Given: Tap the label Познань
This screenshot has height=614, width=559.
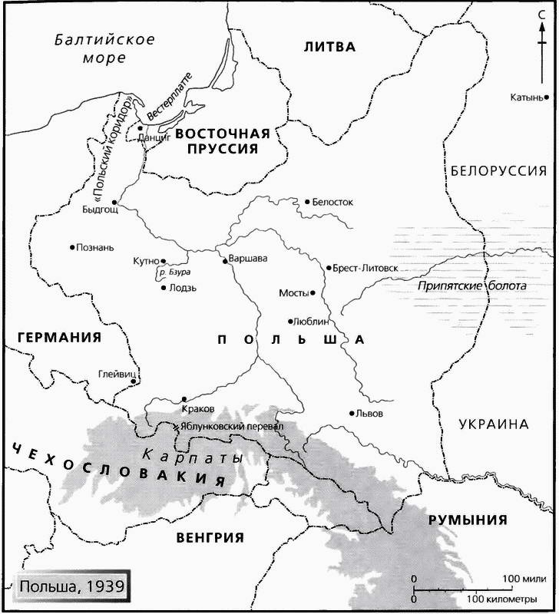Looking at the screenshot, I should click(95, 248).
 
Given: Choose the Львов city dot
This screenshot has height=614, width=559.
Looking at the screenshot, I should click(351, 412).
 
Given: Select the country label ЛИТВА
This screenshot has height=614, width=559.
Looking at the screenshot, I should click(329, 47).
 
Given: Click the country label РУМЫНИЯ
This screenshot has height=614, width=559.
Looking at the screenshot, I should click(468, 520).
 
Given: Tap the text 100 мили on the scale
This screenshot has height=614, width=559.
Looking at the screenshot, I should click(524, 577).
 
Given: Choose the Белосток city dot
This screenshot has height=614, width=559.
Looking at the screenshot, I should click(306, 202).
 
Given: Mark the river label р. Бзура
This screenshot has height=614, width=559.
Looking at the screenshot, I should click(174, 272).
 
